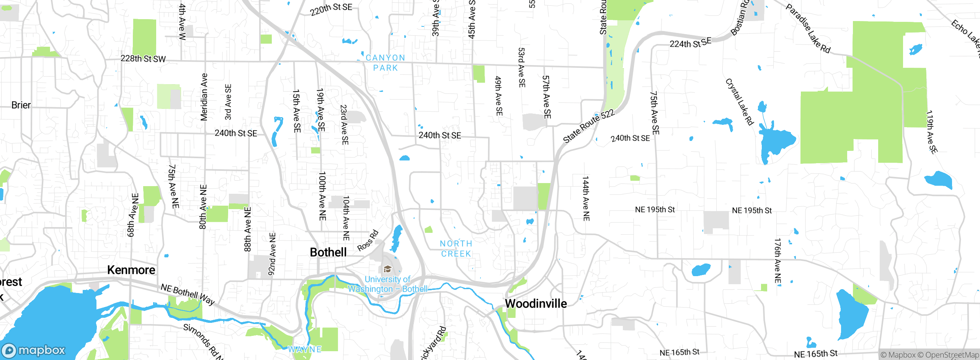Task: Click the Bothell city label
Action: pyautogui.click(x=328, y=252)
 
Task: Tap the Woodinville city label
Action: pyautogui.click(x=536, y=304)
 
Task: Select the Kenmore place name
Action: pyautogui.click(x=131, y=270)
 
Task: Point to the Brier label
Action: pyautogui.click(x=21, y=105)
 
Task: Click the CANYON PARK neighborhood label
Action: pyautogui.click(x=385, y=63)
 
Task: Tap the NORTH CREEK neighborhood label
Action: pyautogui.click(x=456, y=249)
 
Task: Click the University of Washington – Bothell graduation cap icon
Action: pyautogui.click(x=387, y=269)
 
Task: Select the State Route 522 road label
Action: pyautogui.click(x=588, y=126)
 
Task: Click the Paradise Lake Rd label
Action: pyautogui.click(x=808, y=29)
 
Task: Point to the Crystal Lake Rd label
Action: pyautogui.click(x=739, y=102)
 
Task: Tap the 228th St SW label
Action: pyautogui.click(x=143, y=59)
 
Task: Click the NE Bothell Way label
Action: pyautogui.click(x=188, y=294)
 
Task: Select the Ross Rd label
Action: pyautogui.click(x=368, y=241)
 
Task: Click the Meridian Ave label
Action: pyautogui.click(x=204, y=97)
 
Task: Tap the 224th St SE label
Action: pyautogui.click(x=690, y=43)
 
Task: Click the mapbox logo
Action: pyautogui.click(x=34, y=350)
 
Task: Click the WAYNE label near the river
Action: pyautogui.click(x=305, y=349)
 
